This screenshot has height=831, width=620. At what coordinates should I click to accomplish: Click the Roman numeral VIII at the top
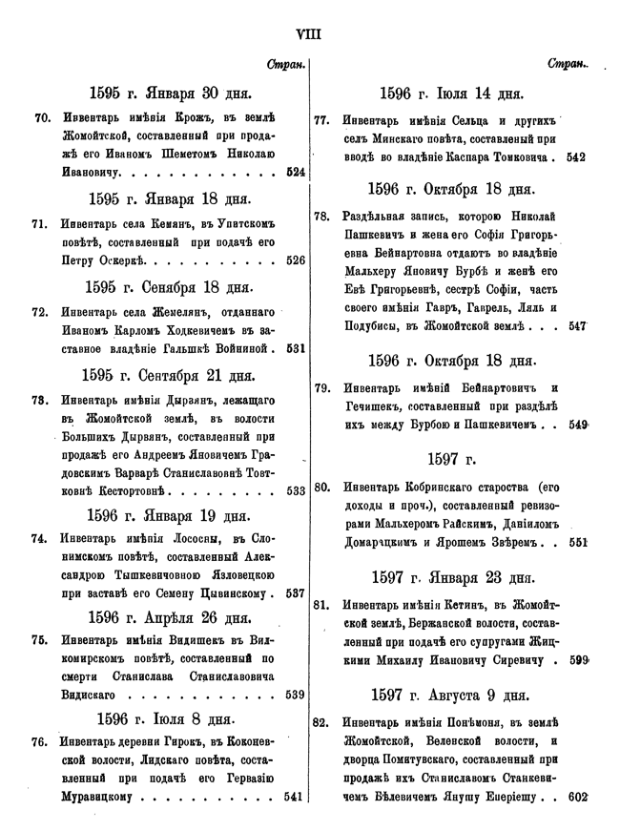coord(309,34)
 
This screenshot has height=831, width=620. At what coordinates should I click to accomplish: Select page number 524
coord(295,173)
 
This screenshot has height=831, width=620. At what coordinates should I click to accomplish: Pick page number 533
coord(295,491)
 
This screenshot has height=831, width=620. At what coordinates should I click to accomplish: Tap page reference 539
coord(295,694)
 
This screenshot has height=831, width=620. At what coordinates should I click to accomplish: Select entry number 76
coord(41,741)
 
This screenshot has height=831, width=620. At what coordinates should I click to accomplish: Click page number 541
coord(295,796)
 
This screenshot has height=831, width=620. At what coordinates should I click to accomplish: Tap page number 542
coord(575,157)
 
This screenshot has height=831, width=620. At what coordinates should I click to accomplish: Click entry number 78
coord(321,216)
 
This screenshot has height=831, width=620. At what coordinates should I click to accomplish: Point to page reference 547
coord(575,325)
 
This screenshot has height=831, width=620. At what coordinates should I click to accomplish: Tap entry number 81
coord(321,604)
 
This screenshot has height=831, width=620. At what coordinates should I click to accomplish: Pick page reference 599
coord(575,659)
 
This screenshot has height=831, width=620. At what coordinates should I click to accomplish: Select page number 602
coord(575,797)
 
